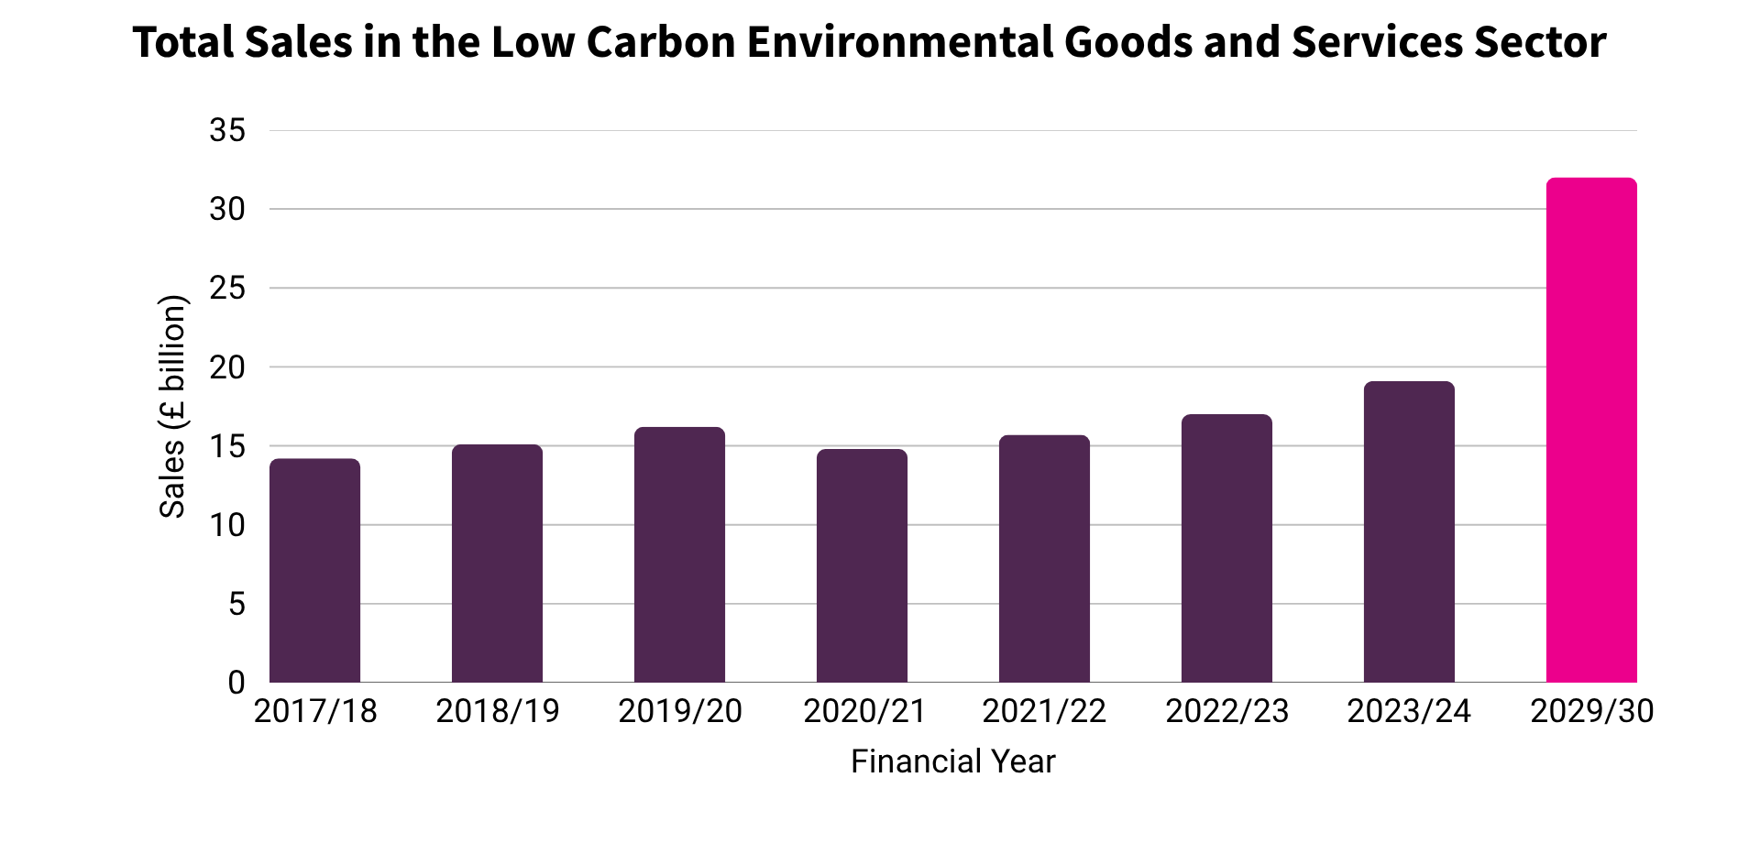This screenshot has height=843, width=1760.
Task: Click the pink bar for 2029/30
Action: (1591, 431)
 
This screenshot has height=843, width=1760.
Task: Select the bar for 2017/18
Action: (314, 571)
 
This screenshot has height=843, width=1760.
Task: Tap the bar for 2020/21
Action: (862, 566)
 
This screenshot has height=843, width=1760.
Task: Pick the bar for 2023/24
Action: (1409, 532)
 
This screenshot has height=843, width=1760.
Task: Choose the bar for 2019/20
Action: (679, 555)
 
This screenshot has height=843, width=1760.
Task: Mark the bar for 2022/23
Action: (1226, 549)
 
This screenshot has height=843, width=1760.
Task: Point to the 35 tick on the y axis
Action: (227, 130)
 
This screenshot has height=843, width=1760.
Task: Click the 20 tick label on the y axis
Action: (227, 367)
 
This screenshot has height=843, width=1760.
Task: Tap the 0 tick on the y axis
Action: (236, 683)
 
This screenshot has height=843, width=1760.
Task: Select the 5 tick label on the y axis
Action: (236, 604)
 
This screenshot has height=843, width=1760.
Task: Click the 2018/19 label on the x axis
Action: (497, 712)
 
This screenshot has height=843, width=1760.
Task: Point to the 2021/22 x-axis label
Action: (1044, 712)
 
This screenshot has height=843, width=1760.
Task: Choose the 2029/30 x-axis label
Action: (1591, 712)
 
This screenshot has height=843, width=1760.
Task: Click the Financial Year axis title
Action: (952, 761)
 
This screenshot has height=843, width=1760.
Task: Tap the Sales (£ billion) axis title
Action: (172, 406)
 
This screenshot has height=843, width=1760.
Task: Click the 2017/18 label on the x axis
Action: (314, 712)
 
